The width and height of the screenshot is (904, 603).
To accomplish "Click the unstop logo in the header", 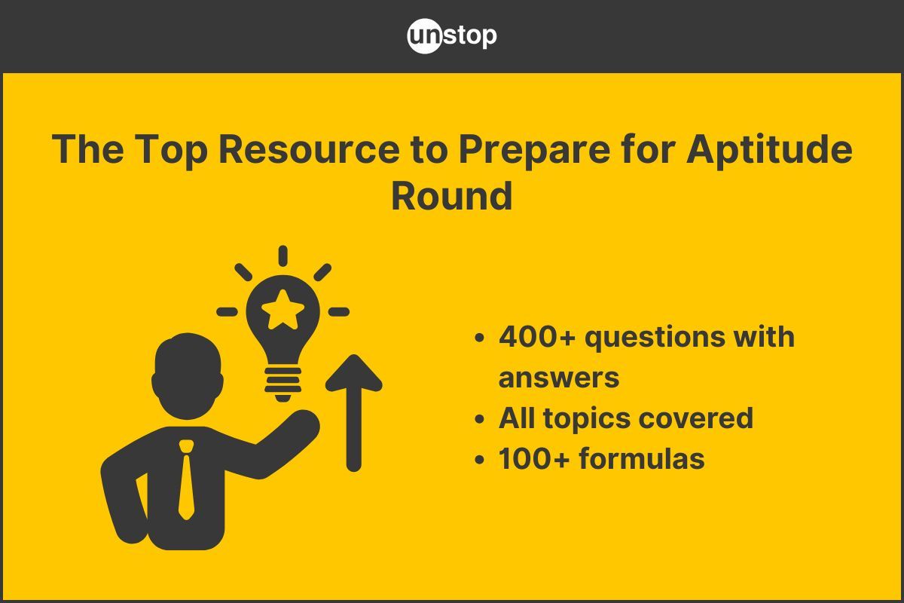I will tap(452, 36).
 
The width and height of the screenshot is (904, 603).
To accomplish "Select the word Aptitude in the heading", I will tap(769, 149).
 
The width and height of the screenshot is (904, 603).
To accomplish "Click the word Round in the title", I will tap(452, 195).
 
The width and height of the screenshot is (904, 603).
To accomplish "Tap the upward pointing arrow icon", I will tap(353, 411).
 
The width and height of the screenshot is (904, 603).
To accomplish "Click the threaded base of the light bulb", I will tap(283, 381).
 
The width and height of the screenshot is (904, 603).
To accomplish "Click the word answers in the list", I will tap(558, 377).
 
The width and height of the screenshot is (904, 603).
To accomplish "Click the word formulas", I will tap(642, 458).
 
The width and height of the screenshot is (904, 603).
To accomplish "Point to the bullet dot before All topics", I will tap(479, 419).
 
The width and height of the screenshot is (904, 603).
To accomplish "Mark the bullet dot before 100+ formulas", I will tap(479, 460).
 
